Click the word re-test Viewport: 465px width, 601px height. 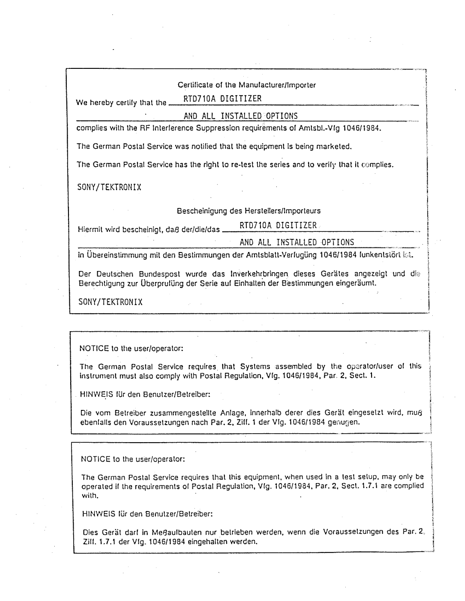pyautogui.click(x=244, y=164)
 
